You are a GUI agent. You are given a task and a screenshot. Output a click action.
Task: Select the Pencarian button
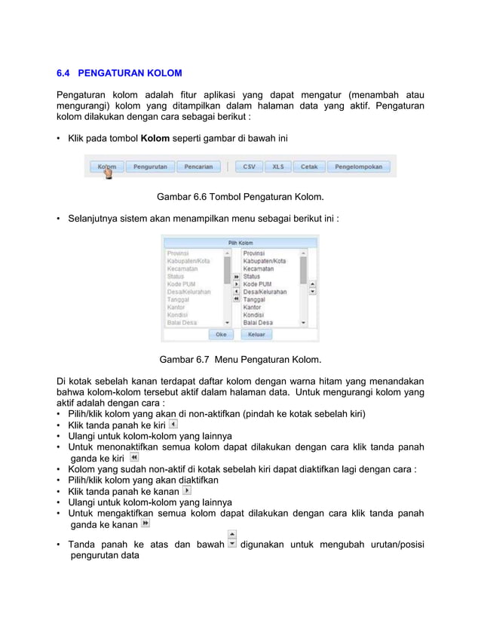click(x=198, y=167)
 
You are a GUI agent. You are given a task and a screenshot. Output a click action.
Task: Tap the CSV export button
click(x=249, y=167)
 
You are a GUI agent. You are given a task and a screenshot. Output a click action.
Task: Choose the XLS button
click(x=278, y=167)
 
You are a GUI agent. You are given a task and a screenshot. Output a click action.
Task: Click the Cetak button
click(x=309, y=167)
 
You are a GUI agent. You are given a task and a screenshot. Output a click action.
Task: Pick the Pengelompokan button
click(x=358, y=167)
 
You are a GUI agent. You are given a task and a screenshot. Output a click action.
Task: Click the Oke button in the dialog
click(x=221, y=334)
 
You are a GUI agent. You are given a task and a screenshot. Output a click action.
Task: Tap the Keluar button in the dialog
click(x=256, y=334)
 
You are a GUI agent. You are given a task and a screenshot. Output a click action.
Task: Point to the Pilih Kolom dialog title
click(x=240, y=243)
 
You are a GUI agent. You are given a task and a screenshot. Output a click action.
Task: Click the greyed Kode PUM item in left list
click(x=180, y=284)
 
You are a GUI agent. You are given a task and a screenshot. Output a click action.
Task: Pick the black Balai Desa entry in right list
click(x=257, y=323)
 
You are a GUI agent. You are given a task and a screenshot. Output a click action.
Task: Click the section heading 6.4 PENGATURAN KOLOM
click(x=119, y=73)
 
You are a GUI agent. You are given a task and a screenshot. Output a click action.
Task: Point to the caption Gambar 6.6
click(x=240, y=198)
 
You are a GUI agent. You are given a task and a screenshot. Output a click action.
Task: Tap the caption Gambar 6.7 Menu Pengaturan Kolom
click(x=240, y=359)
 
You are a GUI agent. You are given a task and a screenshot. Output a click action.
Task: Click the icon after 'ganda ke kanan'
click(x=145, y=523)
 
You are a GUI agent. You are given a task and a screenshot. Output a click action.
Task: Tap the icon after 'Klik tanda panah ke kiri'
click(x=173, y=425)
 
